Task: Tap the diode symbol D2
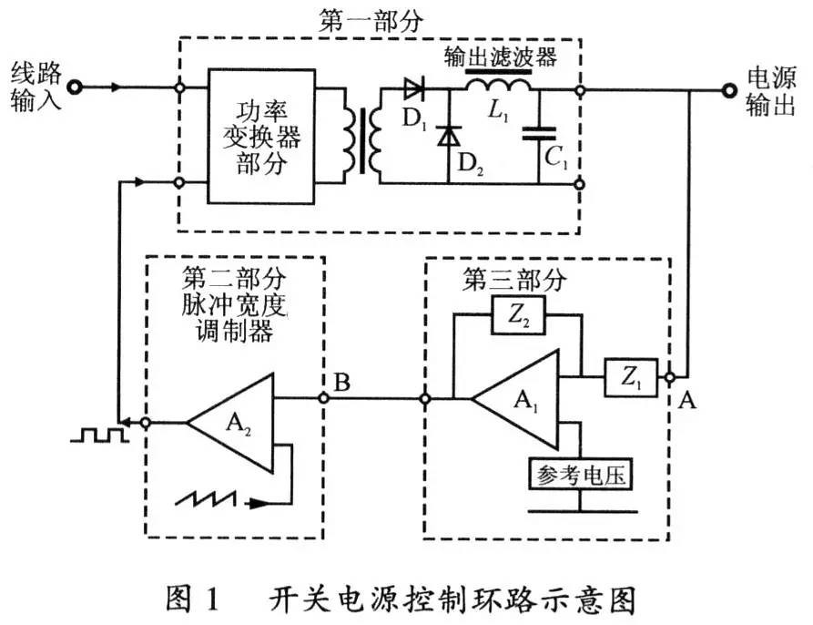(447, 137)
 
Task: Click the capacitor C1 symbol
(538, 136)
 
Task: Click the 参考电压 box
(579, 475)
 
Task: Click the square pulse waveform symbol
(100, 435)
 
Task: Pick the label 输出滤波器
(500, 54)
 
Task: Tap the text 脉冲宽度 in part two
(235, 302)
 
